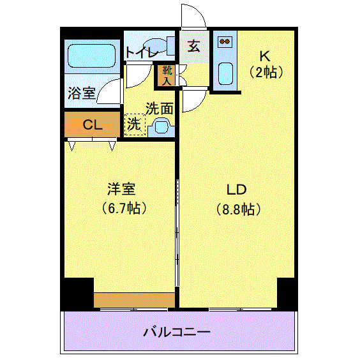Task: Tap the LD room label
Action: (237, 190)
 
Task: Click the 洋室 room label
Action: (121, 189)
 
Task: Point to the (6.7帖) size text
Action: (121, 207)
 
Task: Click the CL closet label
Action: (93, 124)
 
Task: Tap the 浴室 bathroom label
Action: (81, 93)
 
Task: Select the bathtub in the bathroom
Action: (92, 56)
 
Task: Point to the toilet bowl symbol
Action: (169, 46)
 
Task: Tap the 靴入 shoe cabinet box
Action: (167, 75)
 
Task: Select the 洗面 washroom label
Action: (159, 109)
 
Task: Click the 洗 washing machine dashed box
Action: (134, 124)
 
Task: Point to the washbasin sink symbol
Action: (159, 129)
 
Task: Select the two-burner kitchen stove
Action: (225, 42)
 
